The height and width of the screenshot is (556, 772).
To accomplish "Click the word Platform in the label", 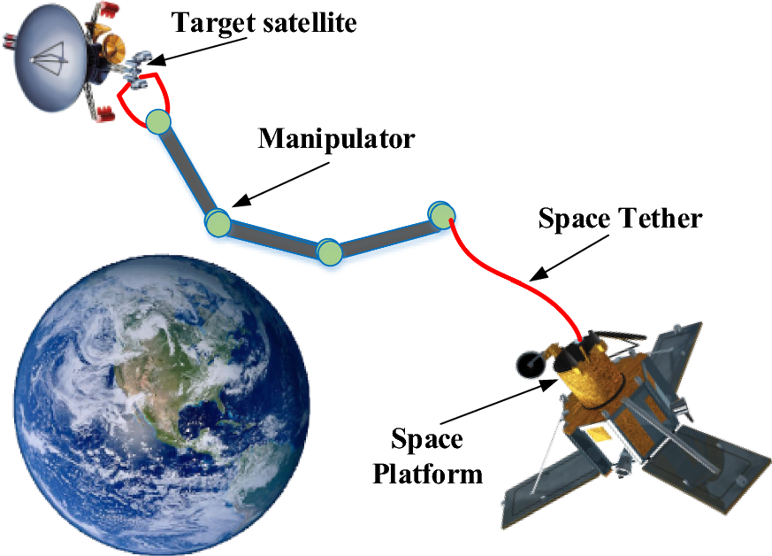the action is click(428, 473).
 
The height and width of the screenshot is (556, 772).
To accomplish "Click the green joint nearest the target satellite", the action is click(157, 121).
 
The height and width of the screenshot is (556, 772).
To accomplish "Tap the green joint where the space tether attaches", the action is click(441, 213).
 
